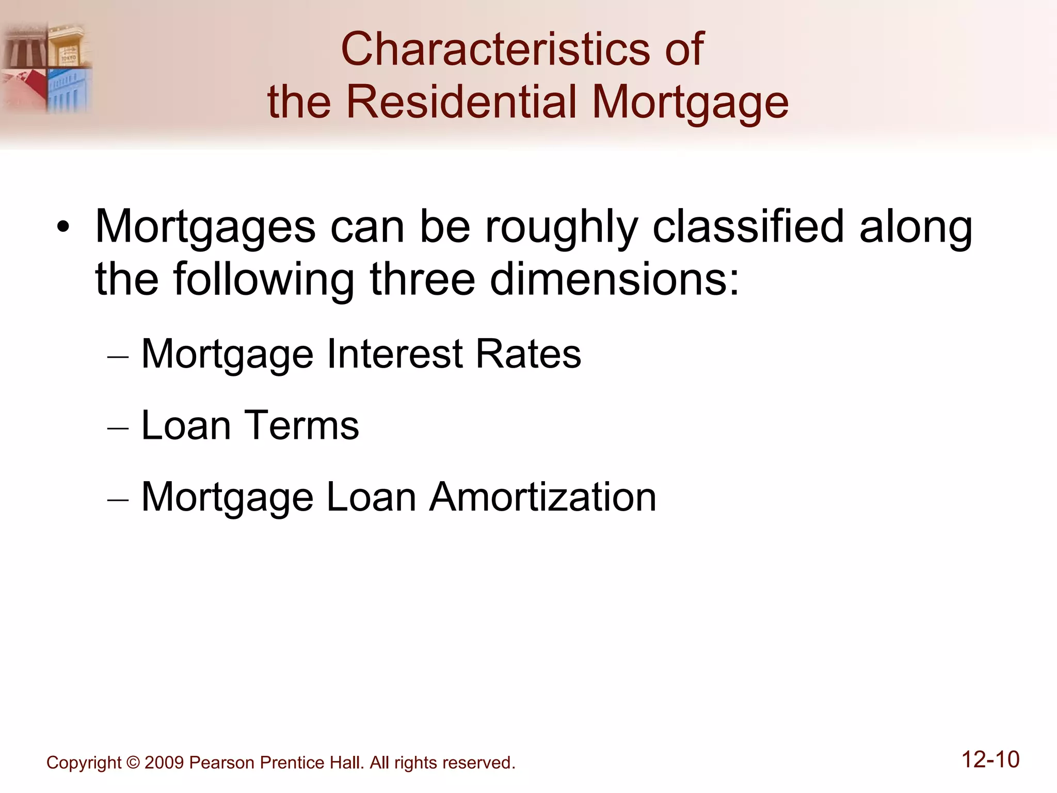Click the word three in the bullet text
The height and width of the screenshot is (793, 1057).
point(422,279)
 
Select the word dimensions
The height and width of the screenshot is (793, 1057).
point(614,279)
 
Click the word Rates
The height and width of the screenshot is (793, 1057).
point(528,354)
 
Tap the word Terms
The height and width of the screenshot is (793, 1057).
point(301,426)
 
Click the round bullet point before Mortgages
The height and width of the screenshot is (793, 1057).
point(63,228)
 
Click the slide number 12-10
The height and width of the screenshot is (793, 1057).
point(990,760)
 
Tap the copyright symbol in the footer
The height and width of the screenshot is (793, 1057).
point(133,763)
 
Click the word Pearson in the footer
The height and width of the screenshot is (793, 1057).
point(222,763)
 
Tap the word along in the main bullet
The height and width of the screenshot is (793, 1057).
point(916,227)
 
